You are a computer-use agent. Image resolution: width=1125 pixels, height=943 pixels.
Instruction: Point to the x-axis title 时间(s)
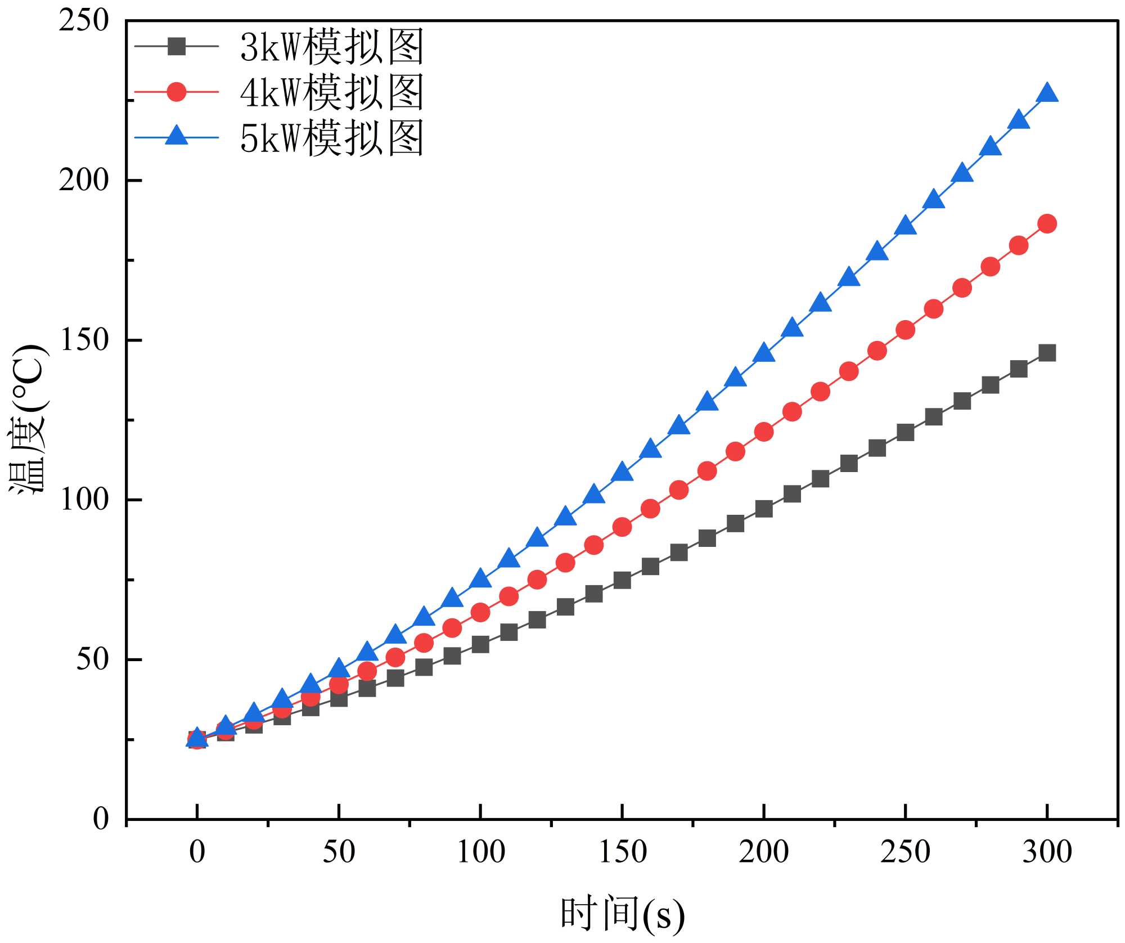click(x=622, y=914)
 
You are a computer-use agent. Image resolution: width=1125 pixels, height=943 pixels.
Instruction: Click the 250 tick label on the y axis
click(x=84, y=21)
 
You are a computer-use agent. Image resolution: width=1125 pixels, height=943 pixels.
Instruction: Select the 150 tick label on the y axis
click(x=84, y=340)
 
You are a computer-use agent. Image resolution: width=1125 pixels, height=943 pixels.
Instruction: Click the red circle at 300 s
click(x=1047, y=224)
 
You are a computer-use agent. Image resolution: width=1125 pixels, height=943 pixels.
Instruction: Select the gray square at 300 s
click(x=1047, y=353)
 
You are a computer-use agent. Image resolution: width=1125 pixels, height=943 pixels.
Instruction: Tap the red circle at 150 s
click(x=622, y=527)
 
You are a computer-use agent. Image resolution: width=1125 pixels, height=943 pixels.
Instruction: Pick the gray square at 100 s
click(x=480, y=644)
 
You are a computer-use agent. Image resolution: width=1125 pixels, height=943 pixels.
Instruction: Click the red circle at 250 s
click(x=905, y=330)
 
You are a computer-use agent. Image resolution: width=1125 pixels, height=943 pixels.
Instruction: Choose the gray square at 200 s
click(x=763, y=509)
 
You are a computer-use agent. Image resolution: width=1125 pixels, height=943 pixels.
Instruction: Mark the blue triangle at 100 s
click(x=480, y=578)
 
